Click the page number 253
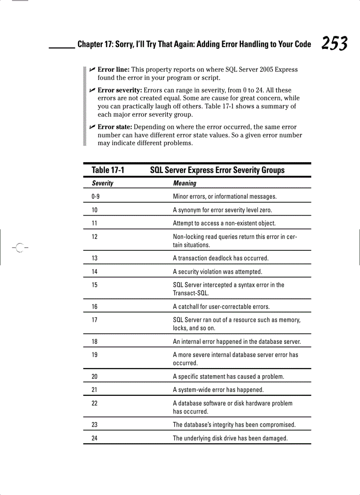(x=334, y=44)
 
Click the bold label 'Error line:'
(x=113, y=70)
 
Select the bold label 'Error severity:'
(x=120, y=90)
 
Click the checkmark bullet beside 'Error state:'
(x=92, y=127)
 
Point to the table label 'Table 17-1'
(x=108, y=170)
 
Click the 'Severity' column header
(x=102, y=183)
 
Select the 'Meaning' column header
(x=184, y=183)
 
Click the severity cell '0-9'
(x=96, y=197)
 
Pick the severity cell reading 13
(x=94, y=258)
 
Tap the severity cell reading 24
(x=94, y=439)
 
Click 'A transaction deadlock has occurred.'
(x=221, y=258)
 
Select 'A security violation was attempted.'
(x=217, y=272)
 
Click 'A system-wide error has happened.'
(x=218, y=390)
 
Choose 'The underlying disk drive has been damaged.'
(x=230, y=439)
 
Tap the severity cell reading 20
(x=94, y=377)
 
